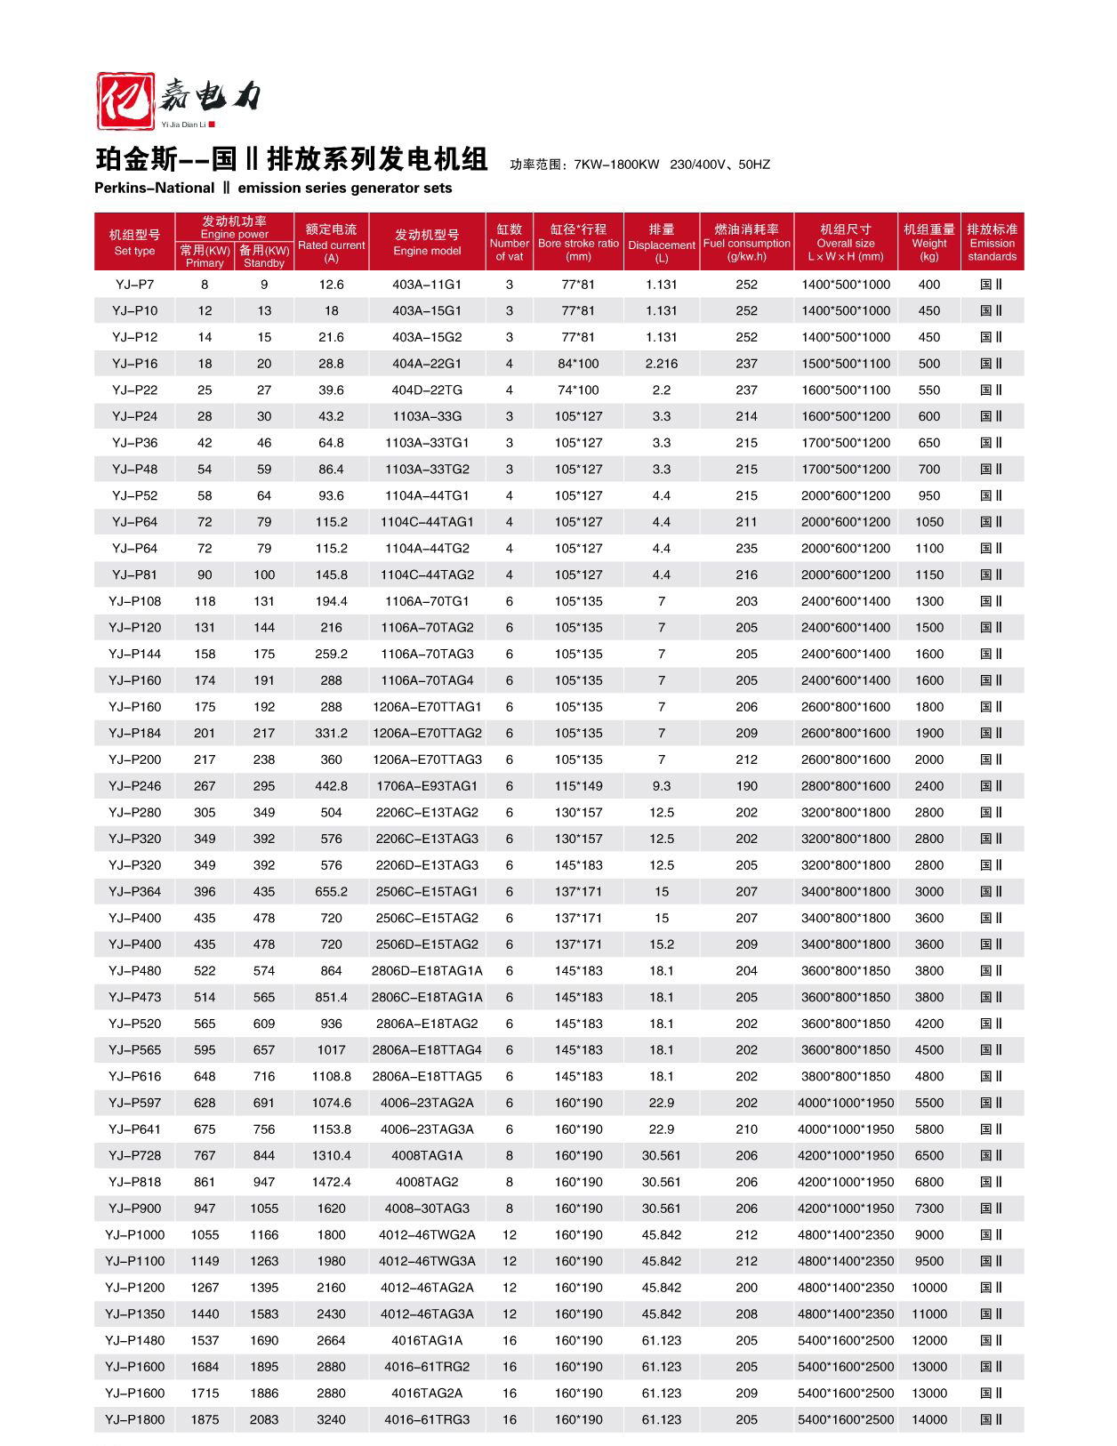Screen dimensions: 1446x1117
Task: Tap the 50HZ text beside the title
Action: point(753,165)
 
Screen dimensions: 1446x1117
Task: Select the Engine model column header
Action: point(427,242)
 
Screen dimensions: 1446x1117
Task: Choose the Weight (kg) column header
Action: point(929,242)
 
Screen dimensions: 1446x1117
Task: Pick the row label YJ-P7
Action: point(134,285)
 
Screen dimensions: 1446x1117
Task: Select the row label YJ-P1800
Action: point(134,1419)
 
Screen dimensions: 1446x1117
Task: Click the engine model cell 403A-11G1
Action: point(427,285)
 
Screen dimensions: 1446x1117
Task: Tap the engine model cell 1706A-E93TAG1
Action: point(427,786)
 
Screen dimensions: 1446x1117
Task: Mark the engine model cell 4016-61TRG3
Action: point(427,1419)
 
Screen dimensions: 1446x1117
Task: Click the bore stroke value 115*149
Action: point(578,786)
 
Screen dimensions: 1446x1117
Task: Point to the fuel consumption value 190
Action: point(747,786)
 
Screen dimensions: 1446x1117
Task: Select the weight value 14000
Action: point(929,1419)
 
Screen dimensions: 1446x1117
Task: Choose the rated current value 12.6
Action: point(331,285)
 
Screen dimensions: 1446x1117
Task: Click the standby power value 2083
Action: point(264,1419)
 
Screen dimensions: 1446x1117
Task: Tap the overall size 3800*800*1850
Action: point(845,1076)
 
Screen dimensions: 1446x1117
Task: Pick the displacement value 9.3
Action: point(662,786)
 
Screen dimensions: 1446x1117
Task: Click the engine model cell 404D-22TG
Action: point(427,390)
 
